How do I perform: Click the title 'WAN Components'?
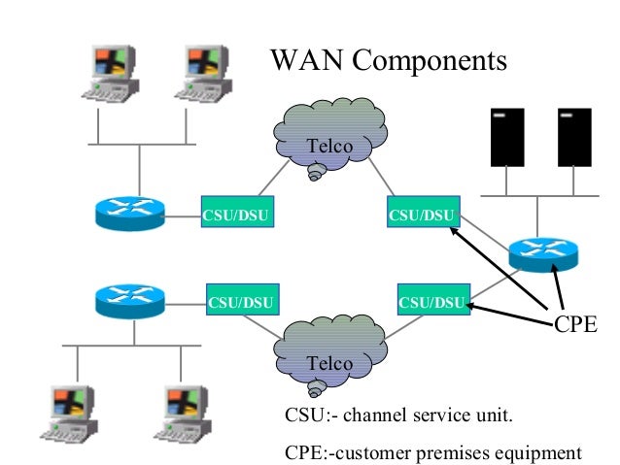(x=388, y=61)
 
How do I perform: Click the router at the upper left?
(x=130, y=214)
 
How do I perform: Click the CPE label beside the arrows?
(x=574, y=324)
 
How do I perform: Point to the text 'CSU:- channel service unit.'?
(x=397, y=416)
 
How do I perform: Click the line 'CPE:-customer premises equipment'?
(x=432, y=451)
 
